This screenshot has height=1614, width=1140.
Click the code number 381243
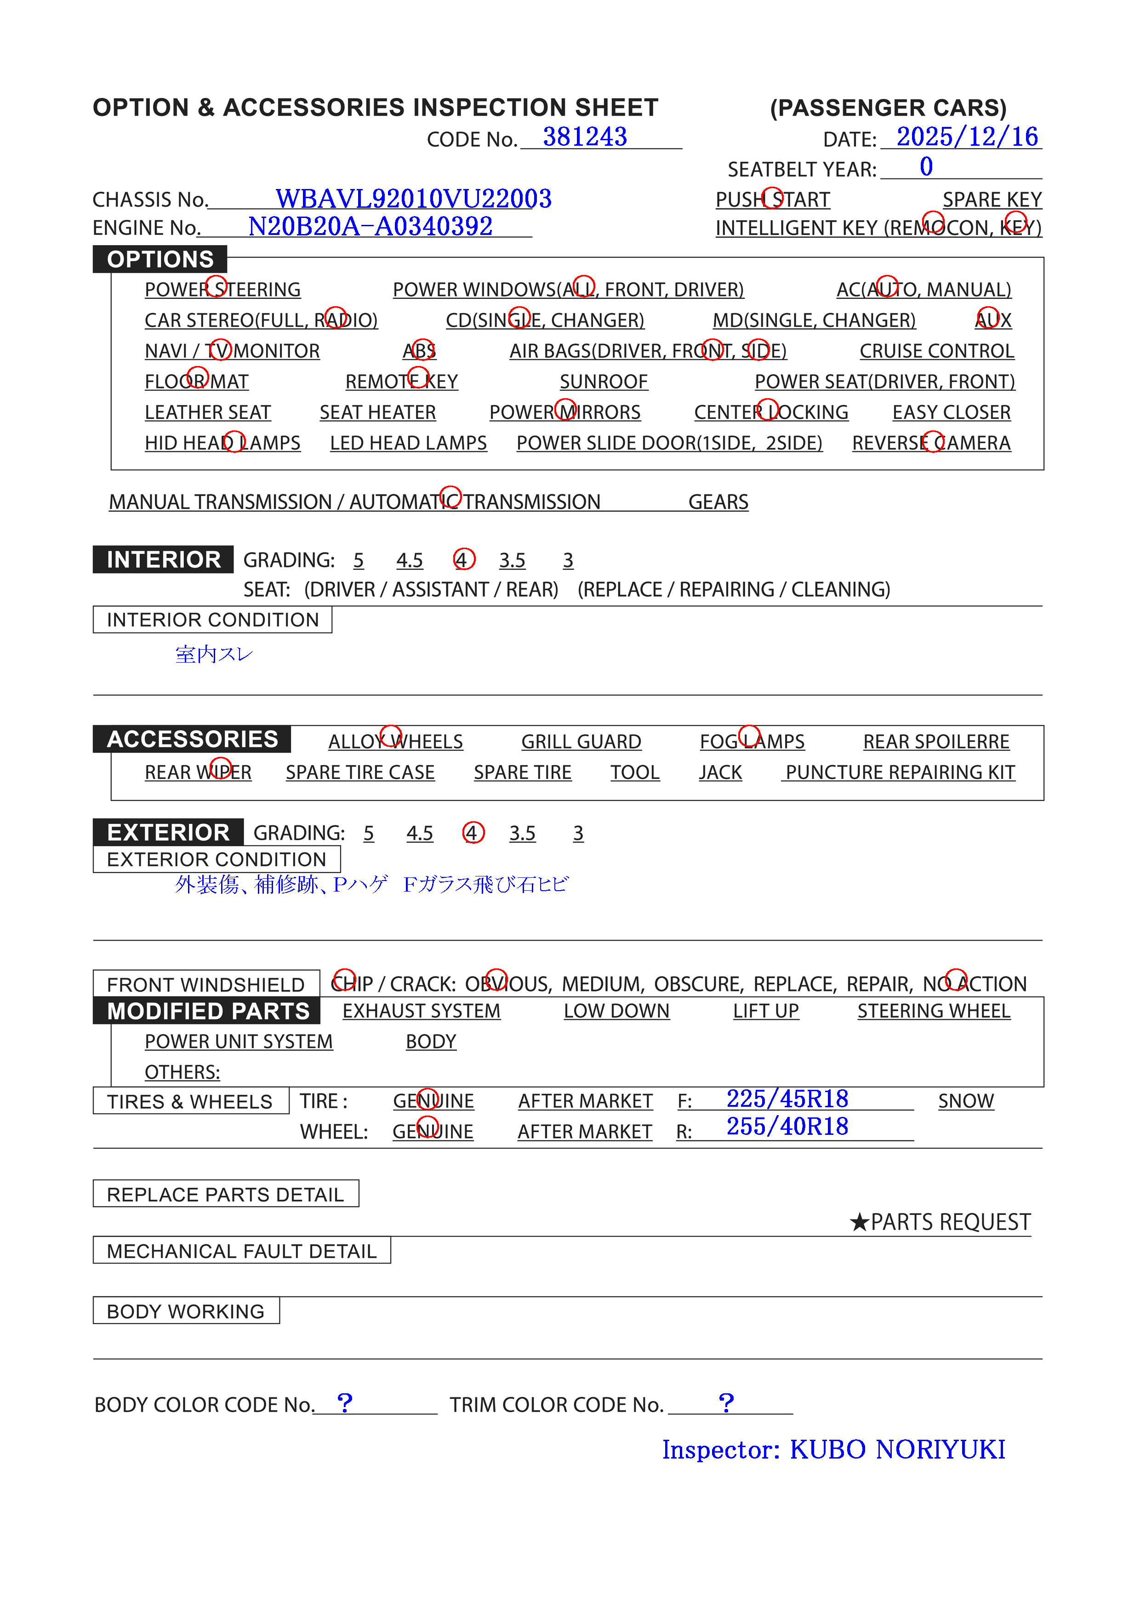[x=584, y=137]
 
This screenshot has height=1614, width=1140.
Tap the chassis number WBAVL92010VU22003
[x=413, y=199]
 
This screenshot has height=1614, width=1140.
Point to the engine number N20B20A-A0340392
[x=370, y=226]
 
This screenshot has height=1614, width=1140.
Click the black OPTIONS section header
[x=160, y=259]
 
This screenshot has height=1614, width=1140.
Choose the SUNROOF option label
[x=603, y=382]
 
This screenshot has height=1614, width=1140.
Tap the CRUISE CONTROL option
[x=936, y=351]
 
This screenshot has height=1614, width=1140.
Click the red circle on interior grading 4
[x=464, y=560]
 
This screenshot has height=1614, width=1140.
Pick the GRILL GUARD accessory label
[x=581, y=742]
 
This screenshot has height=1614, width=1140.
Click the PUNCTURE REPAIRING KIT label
[x=900, y=773]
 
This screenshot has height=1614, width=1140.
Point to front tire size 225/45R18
[x=787, y=1099]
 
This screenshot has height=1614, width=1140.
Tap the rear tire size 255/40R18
[x=787, y=1127]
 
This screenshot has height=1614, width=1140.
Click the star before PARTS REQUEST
[x=859, y=1222]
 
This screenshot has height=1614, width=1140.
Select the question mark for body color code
[x=344, y=1402]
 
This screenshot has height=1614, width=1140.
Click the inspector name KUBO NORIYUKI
[x=897, y=1449]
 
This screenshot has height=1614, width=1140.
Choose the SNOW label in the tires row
[x=966, y=1101]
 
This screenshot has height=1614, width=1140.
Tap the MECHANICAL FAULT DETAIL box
[x=242, y=1251]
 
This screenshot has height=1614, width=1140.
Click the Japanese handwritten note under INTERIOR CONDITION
[x=214, y=654]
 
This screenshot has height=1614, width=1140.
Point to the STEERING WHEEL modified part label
[x=933, y=1011]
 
